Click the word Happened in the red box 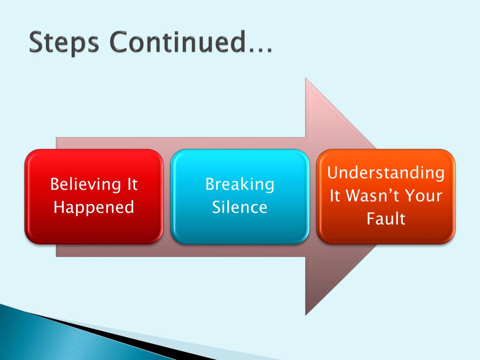pyautogui.click(x=94, y=207)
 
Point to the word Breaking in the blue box pyautogui.click(x=240, y=184)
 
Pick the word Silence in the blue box pyautogui.click(x=240, y=207)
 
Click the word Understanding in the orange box pyautogui.click(x=386, y=173)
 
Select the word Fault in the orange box pyautogui.click(x=386, y=218)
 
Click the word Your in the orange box pyautogui.click(x=425, y=195)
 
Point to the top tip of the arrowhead pyautogui.click(x=306, y=79)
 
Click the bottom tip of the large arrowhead pyautogui.click(x=306, y=314)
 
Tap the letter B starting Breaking pyautogui.click(x=210, y=184)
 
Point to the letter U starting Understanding pyautogui.click(x=332, y=173)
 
